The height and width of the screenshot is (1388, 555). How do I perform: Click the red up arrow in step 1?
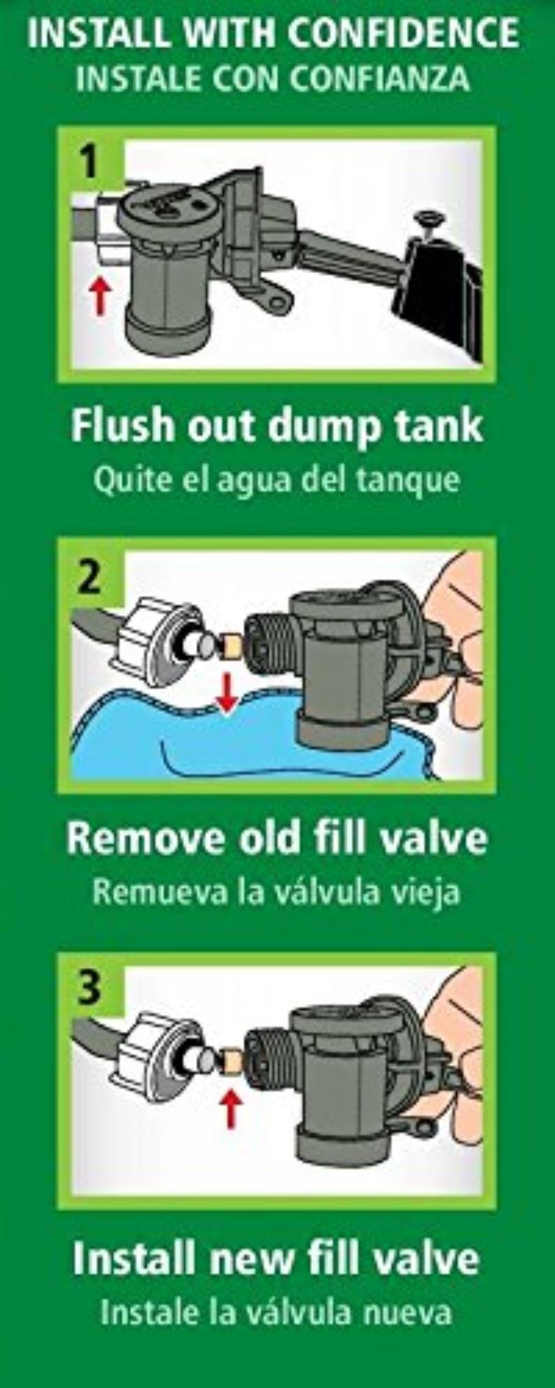click(x=100, y=297)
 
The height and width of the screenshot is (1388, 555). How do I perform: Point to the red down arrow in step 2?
click(x=225, y=692)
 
